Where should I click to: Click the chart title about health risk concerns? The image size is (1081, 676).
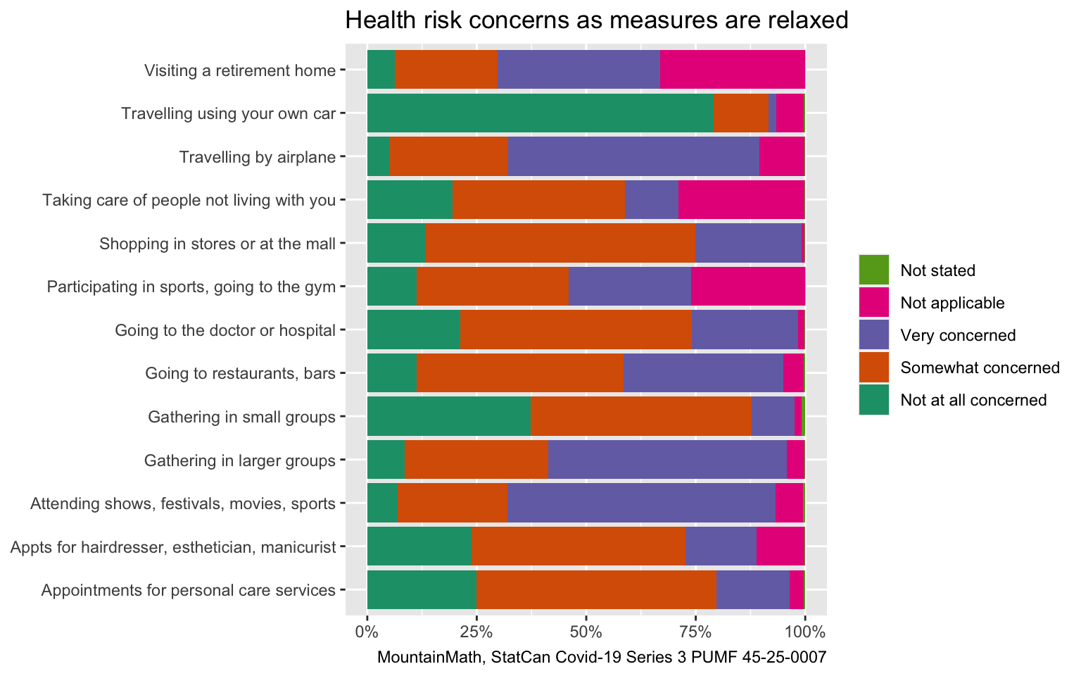point(596,20)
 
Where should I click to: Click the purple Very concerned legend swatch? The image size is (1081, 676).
point(873,335)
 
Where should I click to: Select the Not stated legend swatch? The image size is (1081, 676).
point(873,270)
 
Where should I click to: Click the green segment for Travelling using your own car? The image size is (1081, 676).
point(540,113)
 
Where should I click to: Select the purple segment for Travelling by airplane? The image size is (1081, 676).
point(633,156)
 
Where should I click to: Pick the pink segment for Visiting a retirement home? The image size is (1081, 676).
point(732,70)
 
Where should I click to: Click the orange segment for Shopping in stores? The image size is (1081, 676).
point(560,244)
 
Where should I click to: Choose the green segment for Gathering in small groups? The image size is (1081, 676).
point(448,417)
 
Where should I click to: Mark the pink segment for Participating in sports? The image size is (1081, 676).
point(747,287)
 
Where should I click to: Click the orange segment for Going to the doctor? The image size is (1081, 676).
point(576,330)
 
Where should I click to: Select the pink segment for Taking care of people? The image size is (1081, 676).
point(741,200)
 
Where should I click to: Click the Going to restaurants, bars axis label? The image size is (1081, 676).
point(240,373)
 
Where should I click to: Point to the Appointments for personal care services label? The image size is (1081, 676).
point(188,590)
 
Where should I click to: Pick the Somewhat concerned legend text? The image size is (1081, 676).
point(980,368)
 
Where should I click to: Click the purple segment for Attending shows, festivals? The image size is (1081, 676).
point(641,503)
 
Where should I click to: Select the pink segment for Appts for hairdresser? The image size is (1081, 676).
point(780,546)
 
